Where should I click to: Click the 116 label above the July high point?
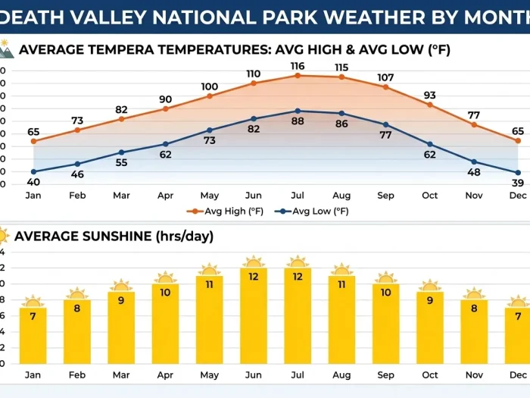298,67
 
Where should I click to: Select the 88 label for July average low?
298,121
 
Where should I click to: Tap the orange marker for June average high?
254,83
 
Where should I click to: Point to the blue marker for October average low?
430,144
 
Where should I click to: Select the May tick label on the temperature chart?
210,196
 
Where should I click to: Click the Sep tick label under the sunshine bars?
386,374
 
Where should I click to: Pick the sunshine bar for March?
121,327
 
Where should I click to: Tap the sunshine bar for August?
342,318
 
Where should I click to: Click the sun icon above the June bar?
254,262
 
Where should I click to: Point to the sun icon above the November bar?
474,294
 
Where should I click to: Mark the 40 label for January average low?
33,182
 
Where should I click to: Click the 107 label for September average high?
386,77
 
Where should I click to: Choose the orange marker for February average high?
77,130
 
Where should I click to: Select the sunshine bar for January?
33,334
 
